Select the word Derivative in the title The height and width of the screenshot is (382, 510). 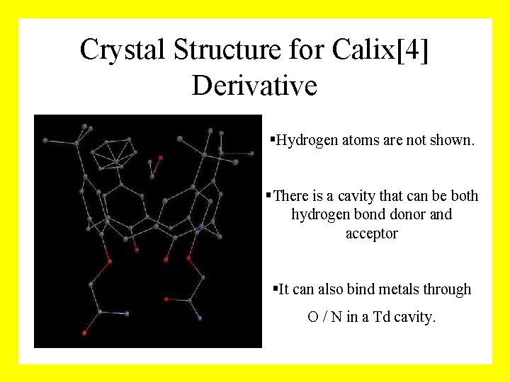(254, 86)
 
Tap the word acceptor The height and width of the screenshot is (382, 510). (372, 233)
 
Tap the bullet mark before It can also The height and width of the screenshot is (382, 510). (276, 289)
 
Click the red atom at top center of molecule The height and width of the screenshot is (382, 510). (160, 158)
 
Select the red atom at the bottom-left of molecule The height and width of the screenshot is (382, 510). (84, 332)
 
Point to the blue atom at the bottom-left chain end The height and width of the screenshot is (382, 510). (127, 313)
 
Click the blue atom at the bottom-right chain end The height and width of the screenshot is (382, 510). (200, 319)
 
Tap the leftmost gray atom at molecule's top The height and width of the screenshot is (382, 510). (45, 141)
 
